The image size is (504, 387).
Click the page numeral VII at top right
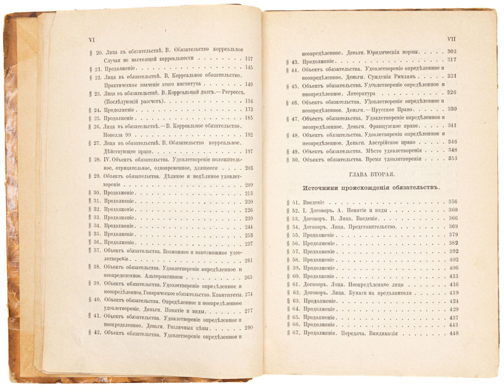pos(452,39)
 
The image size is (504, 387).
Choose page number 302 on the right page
pos(452,51)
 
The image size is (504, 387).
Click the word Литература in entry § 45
pos(366,93)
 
